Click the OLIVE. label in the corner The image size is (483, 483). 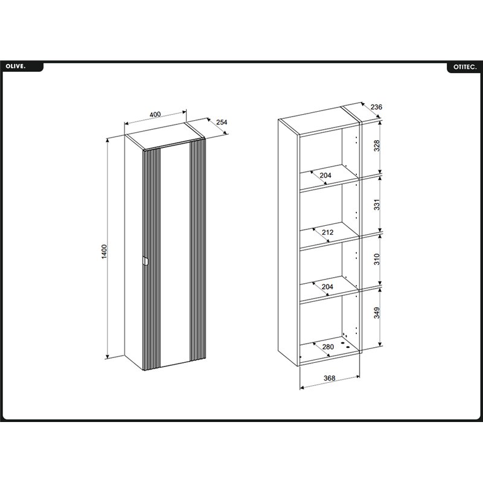(x=16, y=66)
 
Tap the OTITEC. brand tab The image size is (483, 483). (x=465, y=67)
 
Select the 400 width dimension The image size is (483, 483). (x=155, y=114)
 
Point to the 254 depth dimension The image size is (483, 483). (x=222, y=122)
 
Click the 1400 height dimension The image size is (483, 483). (x=104, y=251)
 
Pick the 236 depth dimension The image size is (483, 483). (x=376, y=107)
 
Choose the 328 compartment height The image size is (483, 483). (x=377, y=146)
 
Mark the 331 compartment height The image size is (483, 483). (x=377, y=205)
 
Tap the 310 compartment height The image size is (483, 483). (x=377, y=259)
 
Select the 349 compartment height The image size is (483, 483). (x=377, y=313)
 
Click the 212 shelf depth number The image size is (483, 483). (x=327, y=232)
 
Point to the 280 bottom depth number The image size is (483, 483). (x=328, y=347)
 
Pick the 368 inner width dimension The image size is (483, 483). (x=329, y=378)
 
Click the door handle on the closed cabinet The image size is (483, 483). (x=146, y=261)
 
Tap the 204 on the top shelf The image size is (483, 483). (x=325, y=175)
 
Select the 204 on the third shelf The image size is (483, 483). (x=327, y=287)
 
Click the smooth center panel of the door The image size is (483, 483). (x=175, y=255)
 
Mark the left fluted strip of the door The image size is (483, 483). (x=152, y=260)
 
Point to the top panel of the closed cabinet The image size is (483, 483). (x=165, y=136)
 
